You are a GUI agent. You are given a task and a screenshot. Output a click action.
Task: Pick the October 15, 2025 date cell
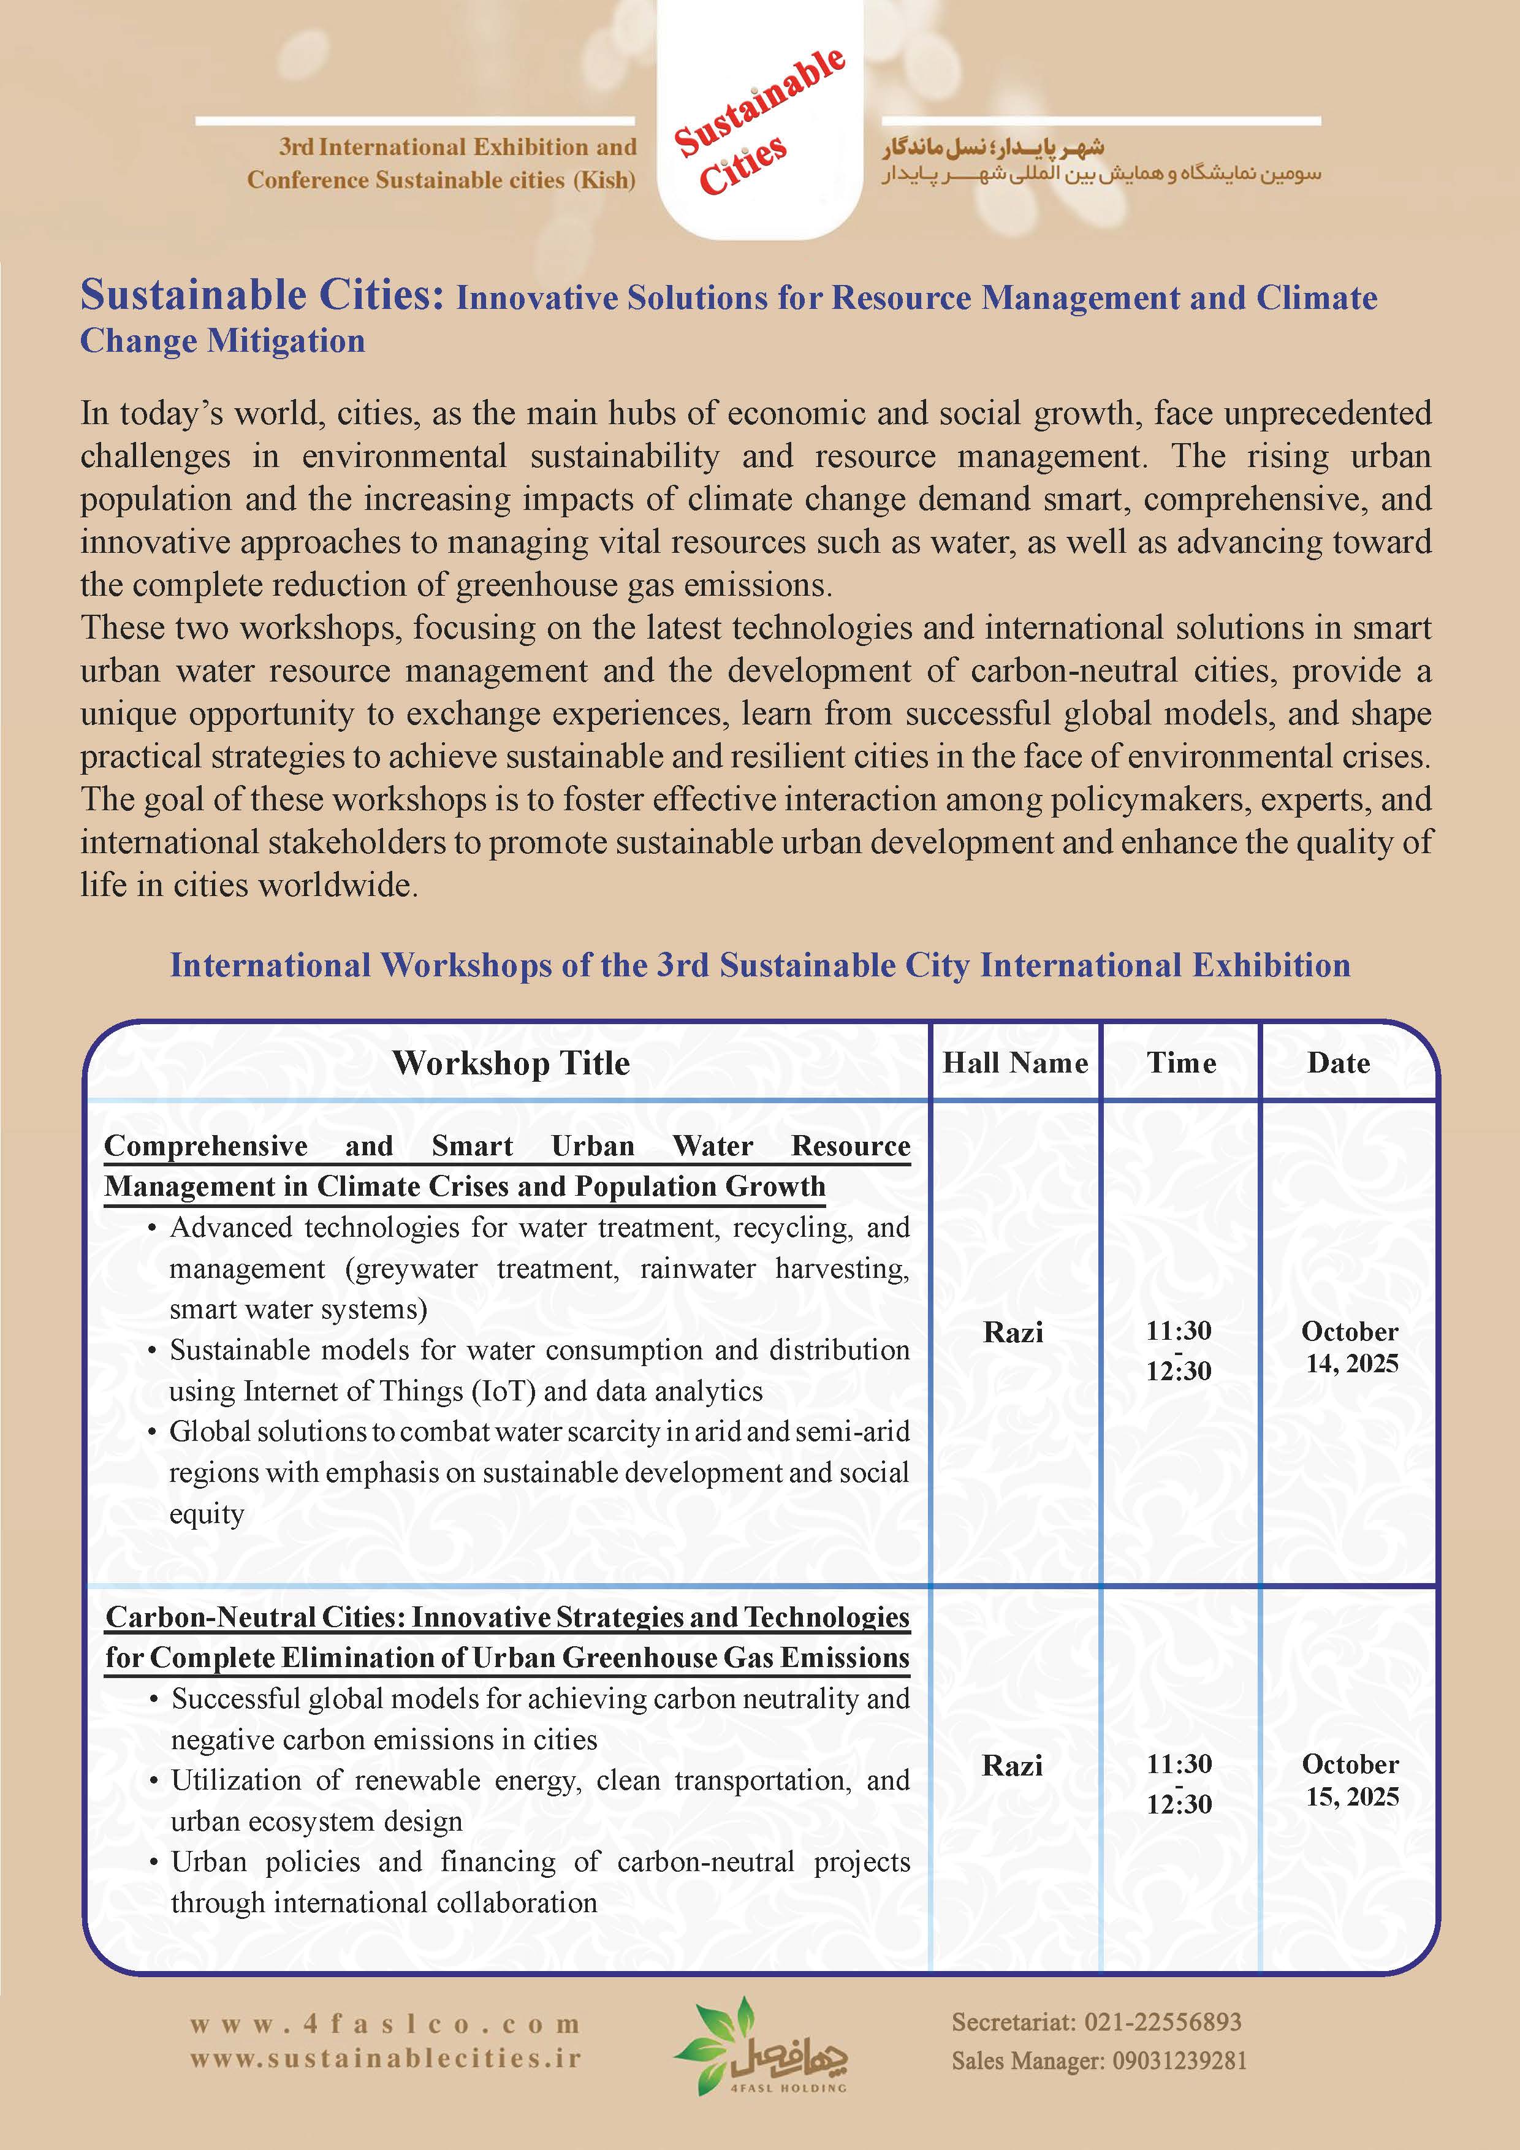pos(1350,1780)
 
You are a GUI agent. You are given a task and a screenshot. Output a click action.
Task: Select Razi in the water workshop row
pos(1013,1332)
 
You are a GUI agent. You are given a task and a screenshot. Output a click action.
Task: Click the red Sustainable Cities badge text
pos(759,122)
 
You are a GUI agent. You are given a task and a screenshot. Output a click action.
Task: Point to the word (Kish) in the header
pos(604,180)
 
